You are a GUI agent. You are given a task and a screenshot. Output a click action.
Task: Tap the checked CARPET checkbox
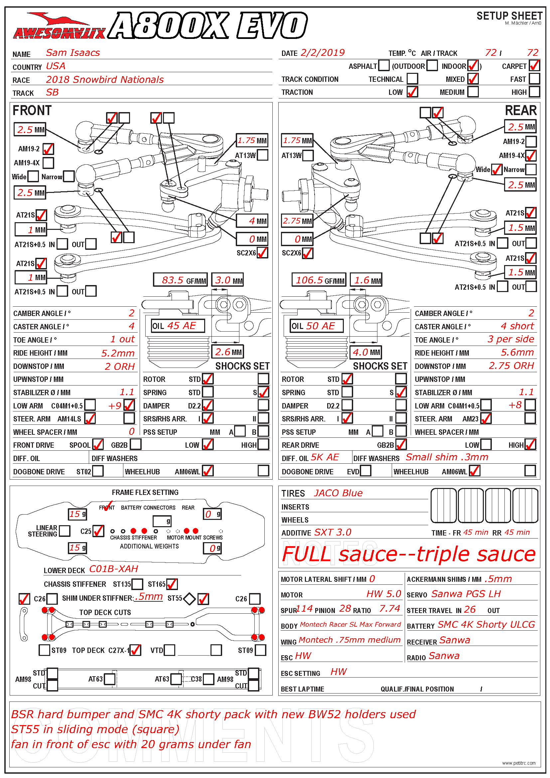pyautogui.click(x=534, y=66)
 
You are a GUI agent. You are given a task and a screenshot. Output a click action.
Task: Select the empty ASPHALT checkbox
pyautogui.click(x=384, y=66)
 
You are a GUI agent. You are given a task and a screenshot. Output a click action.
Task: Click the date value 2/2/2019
pyautogui.click(x=323, y=53)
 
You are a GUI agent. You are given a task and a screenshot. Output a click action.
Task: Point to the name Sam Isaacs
pyautogui.click(x=73, y=53)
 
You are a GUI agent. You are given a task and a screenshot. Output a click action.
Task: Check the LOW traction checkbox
pyautogui.click(x=412, y=92)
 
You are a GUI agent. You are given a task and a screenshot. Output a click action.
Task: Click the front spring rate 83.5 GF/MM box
pyautogui.click(x=180, y=280)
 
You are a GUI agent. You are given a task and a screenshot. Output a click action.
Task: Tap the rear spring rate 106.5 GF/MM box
pyautogui.click(x=319, y=280)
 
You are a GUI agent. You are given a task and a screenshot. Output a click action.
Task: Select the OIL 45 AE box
pyautogui.click(x=178, y=326)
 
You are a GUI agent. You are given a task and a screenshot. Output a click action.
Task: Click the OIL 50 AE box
pyautogui.click(x=317, y=326)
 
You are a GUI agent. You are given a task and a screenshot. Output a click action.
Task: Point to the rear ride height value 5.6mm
pyautogui.click(x=517, y=353)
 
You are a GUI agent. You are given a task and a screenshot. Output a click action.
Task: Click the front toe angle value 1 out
pyautogui.click(x=123, y=340)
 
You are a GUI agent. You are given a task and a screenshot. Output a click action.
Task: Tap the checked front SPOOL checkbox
pyautogui.click(x=98, y=445)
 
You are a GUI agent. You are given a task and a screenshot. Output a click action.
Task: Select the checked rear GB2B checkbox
pyautogui.click(x=401, y=445)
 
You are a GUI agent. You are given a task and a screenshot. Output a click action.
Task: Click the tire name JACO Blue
pyautogui.click(x=338, y=493)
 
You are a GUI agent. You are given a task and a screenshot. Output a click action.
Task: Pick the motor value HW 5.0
pyautogui.click(x=384, y=594)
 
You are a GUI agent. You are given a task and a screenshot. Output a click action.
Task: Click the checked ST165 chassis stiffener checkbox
pyautogui.click(x=172, y=584)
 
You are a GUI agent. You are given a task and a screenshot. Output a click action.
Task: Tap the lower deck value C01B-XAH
pyautogui.click(x=114, y=569)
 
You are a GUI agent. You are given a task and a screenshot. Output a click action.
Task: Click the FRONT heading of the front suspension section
pyautogui.click(x=32, y=111)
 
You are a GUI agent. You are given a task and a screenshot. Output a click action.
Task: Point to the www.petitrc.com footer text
pyautogui.click(x=518, y=763)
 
